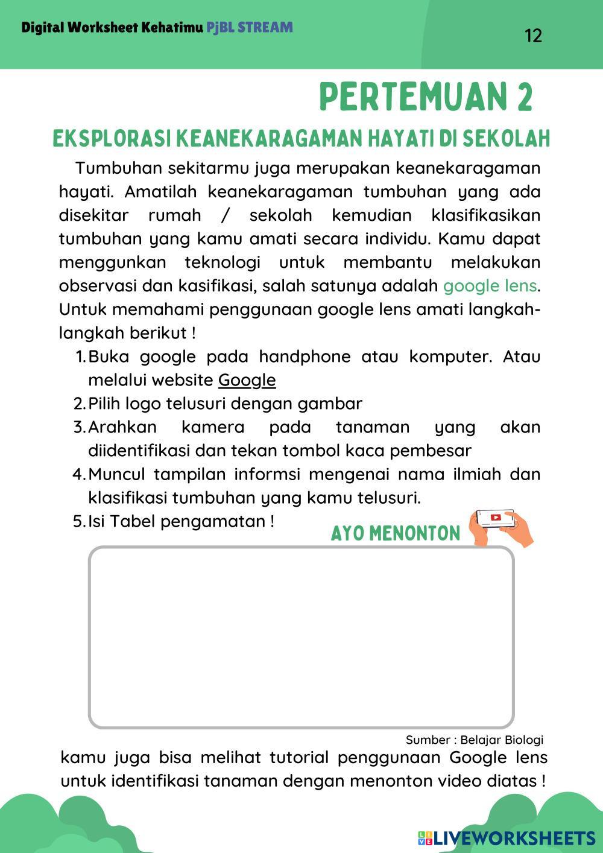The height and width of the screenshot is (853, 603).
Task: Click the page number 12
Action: click(x=534, y=36)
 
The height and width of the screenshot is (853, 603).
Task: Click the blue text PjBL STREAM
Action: click(x=250, y=27)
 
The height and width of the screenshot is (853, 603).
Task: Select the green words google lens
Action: click(x=490, y=285)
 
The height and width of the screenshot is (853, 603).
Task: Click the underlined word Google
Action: click(x=247, y=380)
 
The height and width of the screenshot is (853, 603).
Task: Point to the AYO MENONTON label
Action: click(x=396, y=533)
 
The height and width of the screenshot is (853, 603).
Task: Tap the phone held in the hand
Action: click(x=496, y=518)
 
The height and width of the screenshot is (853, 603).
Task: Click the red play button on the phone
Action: click(x=496, y=518)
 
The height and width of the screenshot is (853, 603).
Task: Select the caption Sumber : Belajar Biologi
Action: click(x=474, y=740)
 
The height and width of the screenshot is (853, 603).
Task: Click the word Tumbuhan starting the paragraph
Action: click(x=119, y=168)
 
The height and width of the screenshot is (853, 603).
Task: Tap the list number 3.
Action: click(x=78, y=427)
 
